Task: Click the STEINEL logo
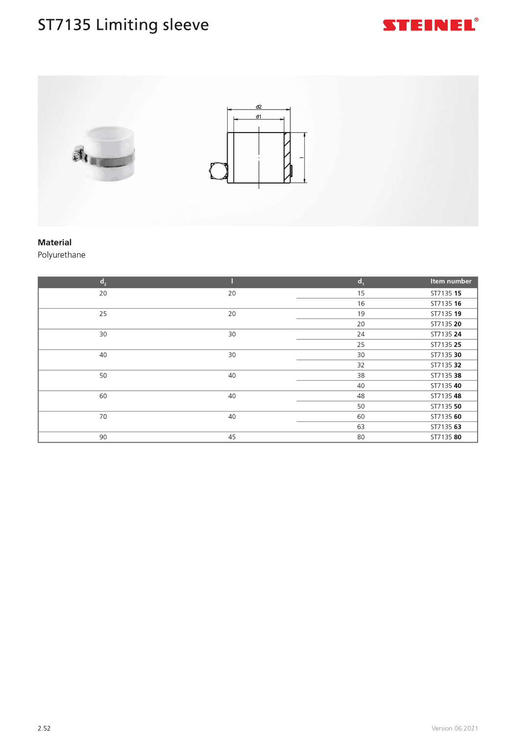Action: [x=430, y=25]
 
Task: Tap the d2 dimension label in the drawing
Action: [x=259, y=107]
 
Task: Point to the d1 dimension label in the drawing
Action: [x=259, y=116]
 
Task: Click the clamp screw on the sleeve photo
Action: [x=76, y=156]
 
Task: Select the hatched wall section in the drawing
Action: [x=287, y=158]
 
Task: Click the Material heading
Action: [x=54, y=242]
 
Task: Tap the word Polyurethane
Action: [x=61, y=255]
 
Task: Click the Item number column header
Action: [x=451, y=281]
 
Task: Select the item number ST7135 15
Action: [x=446, y=294]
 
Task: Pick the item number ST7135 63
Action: [x=446, y=427]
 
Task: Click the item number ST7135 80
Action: [x=446, y=437]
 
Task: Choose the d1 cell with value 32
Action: [x=361, y=365]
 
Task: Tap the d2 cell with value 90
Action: [x=103, y=437]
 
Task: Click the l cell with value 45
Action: [x=232, y=437]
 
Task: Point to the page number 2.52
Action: [x=44, y=728]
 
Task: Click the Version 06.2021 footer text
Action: [x=455, y=728]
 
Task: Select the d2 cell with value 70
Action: [x=103, y=417]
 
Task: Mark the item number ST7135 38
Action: [x=446, y=376]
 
